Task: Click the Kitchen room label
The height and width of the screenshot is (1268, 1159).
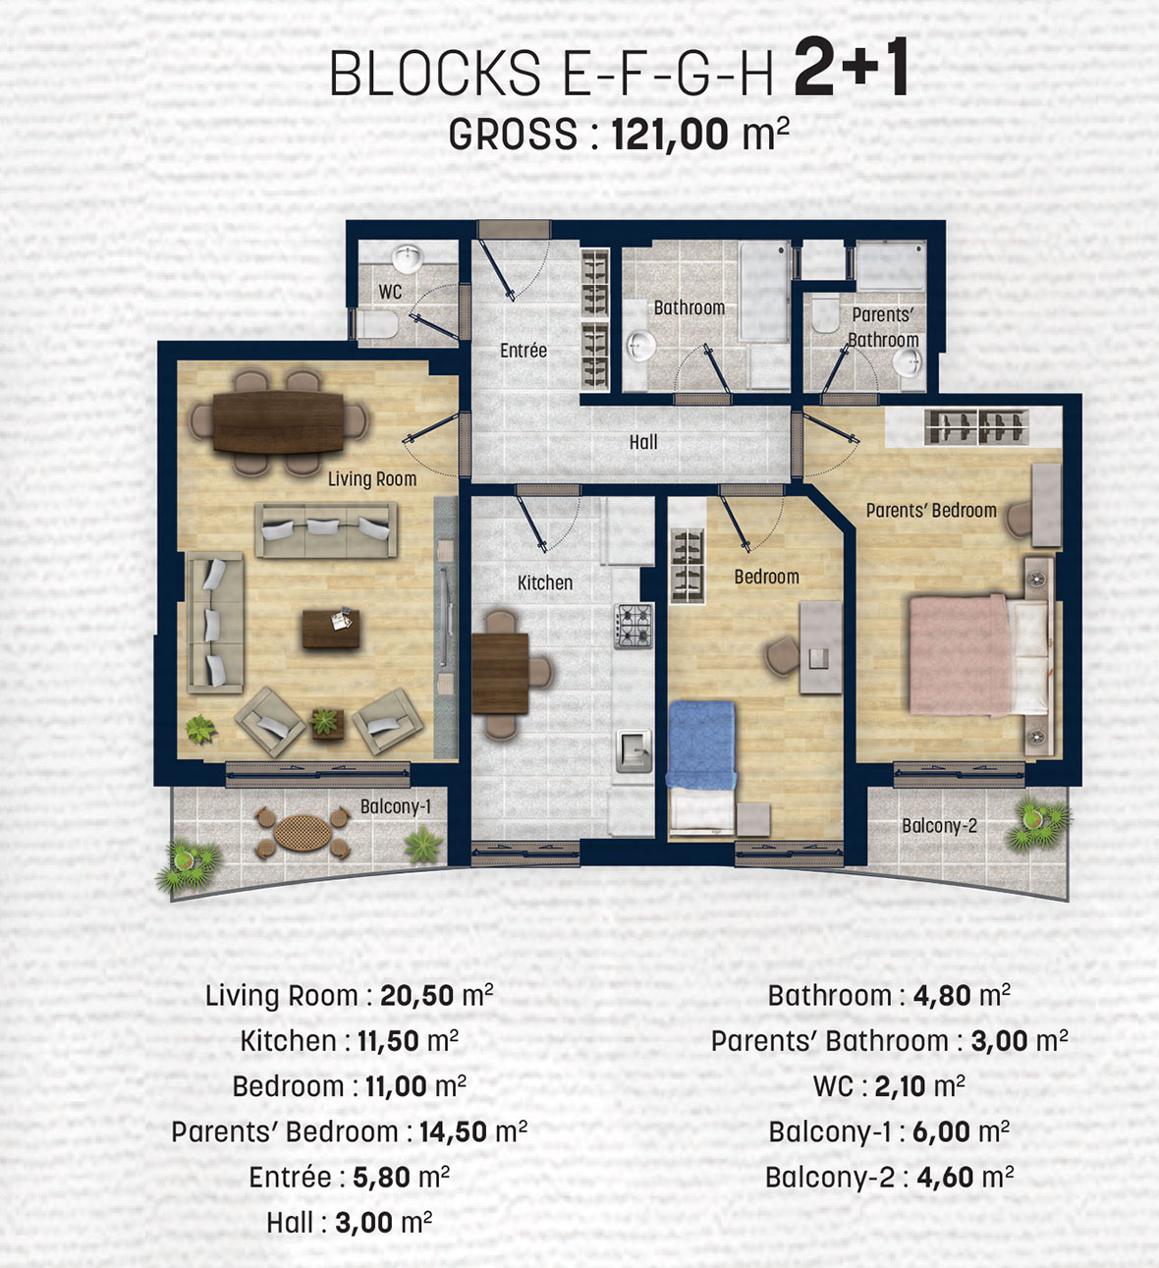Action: tap(545, 582)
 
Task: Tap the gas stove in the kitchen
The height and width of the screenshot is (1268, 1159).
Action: tap(633, 626)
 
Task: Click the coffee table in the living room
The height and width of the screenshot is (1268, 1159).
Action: tap(331, 629)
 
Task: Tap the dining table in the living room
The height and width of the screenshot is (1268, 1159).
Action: tap(278, 422)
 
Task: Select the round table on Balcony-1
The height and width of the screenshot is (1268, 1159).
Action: tap(303, 833)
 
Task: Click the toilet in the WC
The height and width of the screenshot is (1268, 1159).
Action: tap(377, 324)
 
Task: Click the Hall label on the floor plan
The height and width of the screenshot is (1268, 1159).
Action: tap(643, 442)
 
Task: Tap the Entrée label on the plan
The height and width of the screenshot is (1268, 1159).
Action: tap(523, 351)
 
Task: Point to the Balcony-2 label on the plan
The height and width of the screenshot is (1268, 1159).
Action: tap(939, 826)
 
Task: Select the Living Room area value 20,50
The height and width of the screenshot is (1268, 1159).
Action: tap(417, 996)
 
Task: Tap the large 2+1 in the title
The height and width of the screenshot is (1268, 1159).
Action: tap(851, 66)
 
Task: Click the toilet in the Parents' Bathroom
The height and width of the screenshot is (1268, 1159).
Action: tap(825, 313)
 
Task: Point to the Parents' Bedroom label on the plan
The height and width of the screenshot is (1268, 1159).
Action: tap(931, 510)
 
